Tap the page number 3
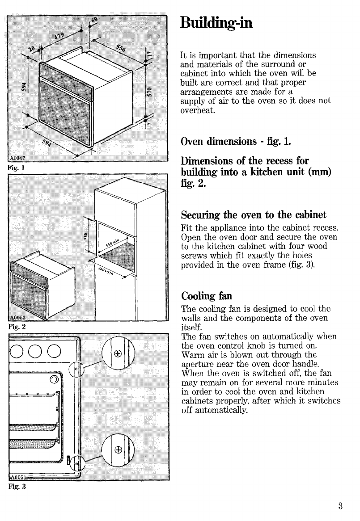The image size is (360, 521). tap(340, 506)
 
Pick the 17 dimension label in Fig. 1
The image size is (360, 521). tap(151, 53)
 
